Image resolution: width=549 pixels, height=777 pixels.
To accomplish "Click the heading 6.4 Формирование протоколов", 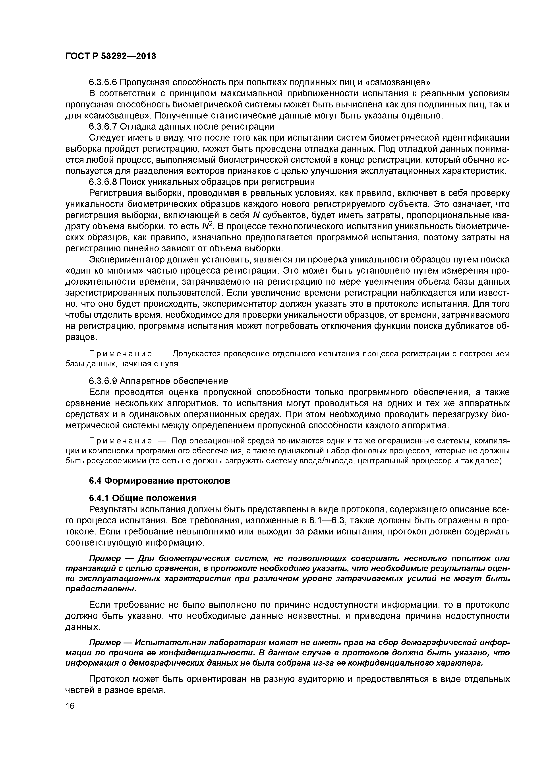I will coord(159,481).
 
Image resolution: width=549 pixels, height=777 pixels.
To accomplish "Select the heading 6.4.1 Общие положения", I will coord(142,498).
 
